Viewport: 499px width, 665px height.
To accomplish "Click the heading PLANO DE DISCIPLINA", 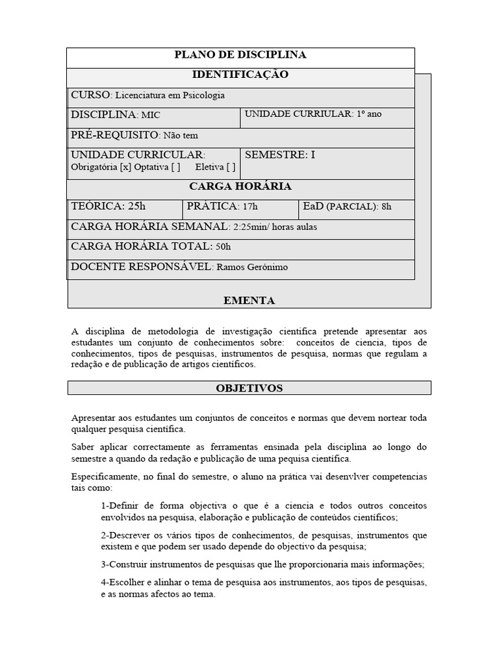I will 240,55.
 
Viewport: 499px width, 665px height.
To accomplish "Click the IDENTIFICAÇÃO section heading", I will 240,75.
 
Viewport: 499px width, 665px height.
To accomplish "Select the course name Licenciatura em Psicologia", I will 170,95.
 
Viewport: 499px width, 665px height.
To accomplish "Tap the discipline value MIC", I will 151,115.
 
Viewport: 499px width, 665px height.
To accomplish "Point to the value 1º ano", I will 369,114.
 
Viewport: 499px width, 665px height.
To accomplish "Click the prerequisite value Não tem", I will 181,135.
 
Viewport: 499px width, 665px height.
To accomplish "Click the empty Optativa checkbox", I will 175,167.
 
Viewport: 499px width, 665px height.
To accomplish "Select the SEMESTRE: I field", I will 280,155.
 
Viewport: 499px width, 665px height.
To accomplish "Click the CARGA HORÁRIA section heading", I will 240,186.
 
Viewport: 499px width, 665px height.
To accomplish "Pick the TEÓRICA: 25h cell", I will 109,207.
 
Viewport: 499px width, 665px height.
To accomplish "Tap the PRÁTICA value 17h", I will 250,207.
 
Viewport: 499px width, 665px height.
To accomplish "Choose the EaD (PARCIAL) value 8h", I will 387,207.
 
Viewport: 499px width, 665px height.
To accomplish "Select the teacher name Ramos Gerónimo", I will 251,267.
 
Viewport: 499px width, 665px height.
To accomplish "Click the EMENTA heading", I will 249,301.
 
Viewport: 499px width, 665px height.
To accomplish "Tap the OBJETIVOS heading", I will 249,388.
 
